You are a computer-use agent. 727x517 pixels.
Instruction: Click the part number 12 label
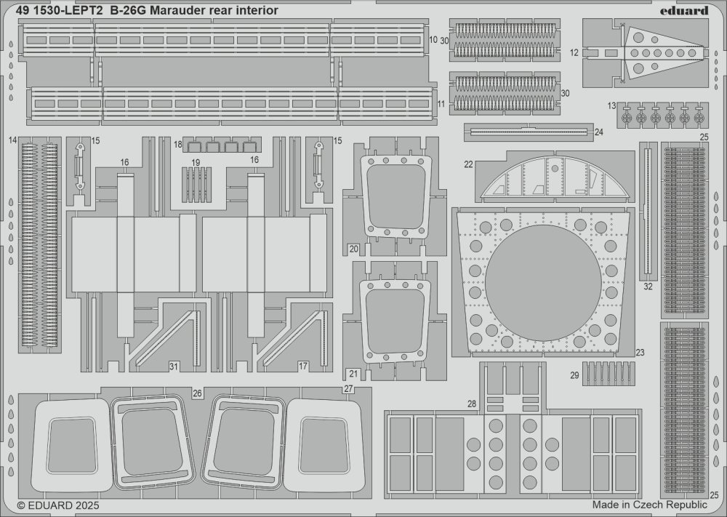point(574,52)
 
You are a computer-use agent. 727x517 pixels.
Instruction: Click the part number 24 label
point(598,132)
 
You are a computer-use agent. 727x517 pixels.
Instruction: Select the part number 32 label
point(648,286)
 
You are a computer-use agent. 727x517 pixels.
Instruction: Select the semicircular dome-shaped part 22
point(554,178)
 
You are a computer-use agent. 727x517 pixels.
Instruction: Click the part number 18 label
point(177,145)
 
